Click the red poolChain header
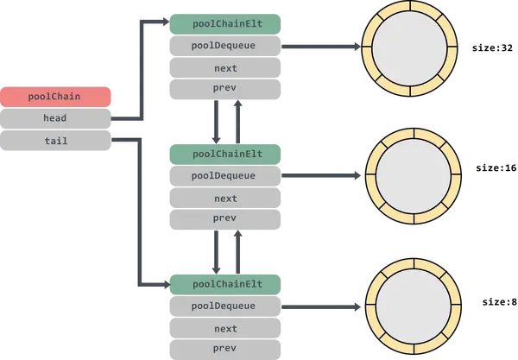(57, 97)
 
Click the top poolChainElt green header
(225, 22)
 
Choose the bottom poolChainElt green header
(225, 282)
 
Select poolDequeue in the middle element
(225, 175)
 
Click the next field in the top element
(225, 68)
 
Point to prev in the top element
(225, 88)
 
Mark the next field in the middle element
(225, 199)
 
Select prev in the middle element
(225, 218)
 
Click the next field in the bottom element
(225, 328)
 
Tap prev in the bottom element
(225, 348)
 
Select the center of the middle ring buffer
(407, 175)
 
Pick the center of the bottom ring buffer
(407, 305)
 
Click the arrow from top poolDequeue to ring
(319, 47)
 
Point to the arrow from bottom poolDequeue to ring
(319, 305)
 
